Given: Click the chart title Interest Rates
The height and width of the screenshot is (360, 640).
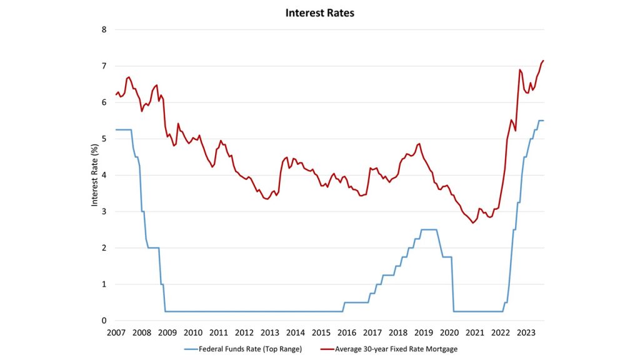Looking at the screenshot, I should [x=320, y=12].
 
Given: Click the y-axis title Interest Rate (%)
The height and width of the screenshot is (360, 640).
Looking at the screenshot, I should [x=94, y=175].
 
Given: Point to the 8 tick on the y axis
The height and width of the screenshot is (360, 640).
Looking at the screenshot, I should [x=104, y=29].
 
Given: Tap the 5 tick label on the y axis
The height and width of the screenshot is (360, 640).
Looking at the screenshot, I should [x=104, y=139].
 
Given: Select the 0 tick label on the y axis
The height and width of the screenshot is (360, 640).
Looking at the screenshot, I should [x=104, y=321].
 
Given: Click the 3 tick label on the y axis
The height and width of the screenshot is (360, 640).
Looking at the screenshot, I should [x=104, y=211].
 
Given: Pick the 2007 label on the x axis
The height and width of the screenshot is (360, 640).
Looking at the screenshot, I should [x=116, y=332].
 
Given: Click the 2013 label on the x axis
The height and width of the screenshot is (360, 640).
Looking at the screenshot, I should [x=270, y=332].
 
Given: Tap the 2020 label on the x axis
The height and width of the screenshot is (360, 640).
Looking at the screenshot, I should [x=449, y=332].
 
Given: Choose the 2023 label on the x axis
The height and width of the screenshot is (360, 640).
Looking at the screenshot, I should [x=526, y=332].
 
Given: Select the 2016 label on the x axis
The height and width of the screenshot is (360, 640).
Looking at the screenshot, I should [x=347, y=332].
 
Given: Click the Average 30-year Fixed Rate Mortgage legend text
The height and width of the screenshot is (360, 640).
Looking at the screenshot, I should [x=393, y=348].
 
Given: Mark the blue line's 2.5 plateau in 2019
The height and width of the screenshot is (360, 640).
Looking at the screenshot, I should [x=429, y=229].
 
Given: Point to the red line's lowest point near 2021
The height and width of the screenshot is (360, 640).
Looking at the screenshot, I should [x=473, y=223].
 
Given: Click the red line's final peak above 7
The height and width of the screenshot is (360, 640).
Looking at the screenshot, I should [x=544, y=61].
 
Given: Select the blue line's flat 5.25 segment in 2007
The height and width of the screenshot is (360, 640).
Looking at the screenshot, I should [x=124, y=129].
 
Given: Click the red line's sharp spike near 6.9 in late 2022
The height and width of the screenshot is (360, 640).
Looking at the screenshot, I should [x=520, y=70].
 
